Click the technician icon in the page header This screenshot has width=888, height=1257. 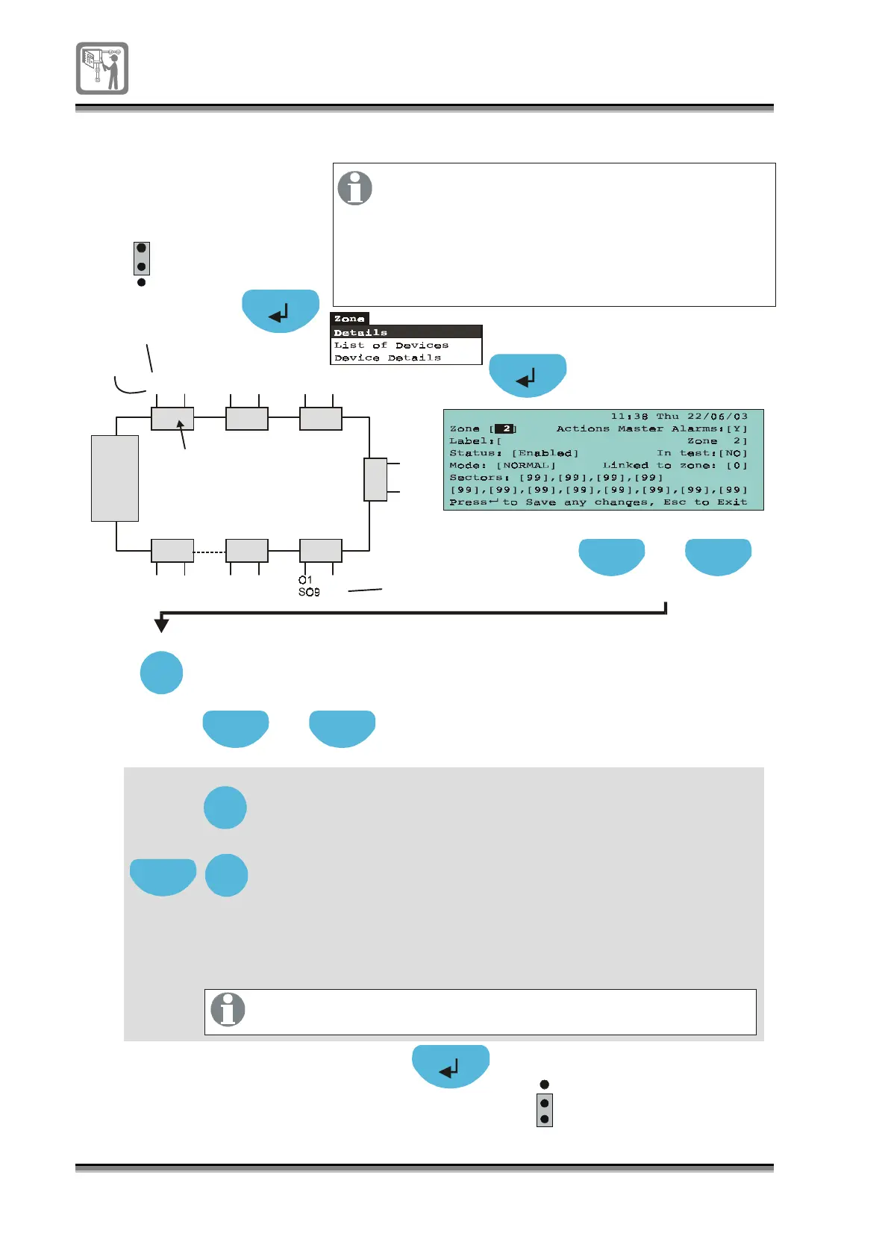pos(102,68)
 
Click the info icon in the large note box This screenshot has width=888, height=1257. pos(355,188)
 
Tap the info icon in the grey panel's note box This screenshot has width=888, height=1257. pos(228,1010)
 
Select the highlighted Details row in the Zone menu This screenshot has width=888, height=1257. pos(406,332)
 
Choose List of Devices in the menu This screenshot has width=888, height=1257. pos(392,345)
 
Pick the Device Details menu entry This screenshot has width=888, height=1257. pos(388,358)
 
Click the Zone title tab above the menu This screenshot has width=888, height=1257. pos(349,319)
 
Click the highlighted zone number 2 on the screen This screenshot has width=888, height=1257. pos(506,428)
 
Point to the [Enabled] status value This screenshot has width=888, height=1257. pos(545,453)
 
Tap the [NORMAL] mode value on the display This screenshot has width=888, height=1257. pos(526,465)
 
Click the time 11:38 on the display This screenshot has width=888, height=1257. pos(629,417)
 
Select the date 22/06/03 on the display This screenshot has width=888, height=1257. pos(717,417)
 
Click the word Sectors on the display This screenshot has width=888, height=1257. pos(475,478)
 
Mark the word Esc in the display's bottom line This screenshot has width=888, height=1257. pos(675,502)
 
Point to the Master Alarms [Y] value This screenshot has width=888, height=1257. pos(737,428)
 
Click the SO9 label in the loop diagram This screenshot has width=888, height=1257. pos(309,592)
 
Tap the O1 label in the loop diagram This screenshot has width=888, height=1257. pos(305,580)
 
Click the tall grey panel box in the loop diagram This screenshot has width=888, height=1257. pos(115,478)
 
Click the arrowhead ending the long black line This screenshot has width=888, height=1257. pos(161,625)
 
